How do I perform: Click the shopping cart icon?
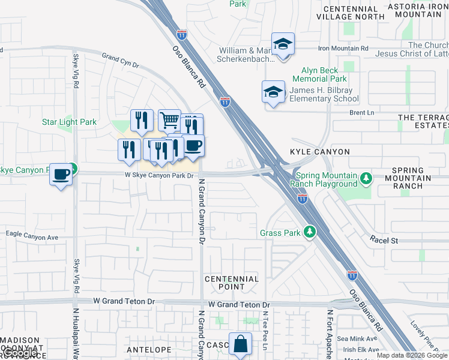pos(169,120)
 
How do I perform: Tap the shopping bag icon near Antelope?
pos(240,344)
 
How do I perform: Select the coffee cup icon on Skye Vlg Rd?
pos(61,174)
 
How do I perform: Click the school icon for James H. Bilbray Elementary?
pos(273,92)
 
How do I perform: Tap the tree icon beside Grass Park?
pos(310,232)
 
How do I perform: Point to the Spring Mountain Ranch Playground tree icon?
pos(365,178)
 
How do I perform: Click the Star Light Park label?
pos(69,122)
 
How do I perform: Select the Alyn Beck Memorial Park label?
pos(319,74)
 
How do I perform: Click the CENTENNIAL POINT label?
pos(232,283)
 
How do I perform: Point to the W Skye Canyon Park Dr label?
pos(160,176)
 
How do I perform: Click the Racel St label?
pos(384,240)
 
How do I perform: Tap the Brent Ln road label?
pos(361,112)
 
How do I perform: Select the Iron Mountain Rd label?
pos(342,48)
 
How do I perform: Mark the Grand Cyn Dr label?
pos(120,60)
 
